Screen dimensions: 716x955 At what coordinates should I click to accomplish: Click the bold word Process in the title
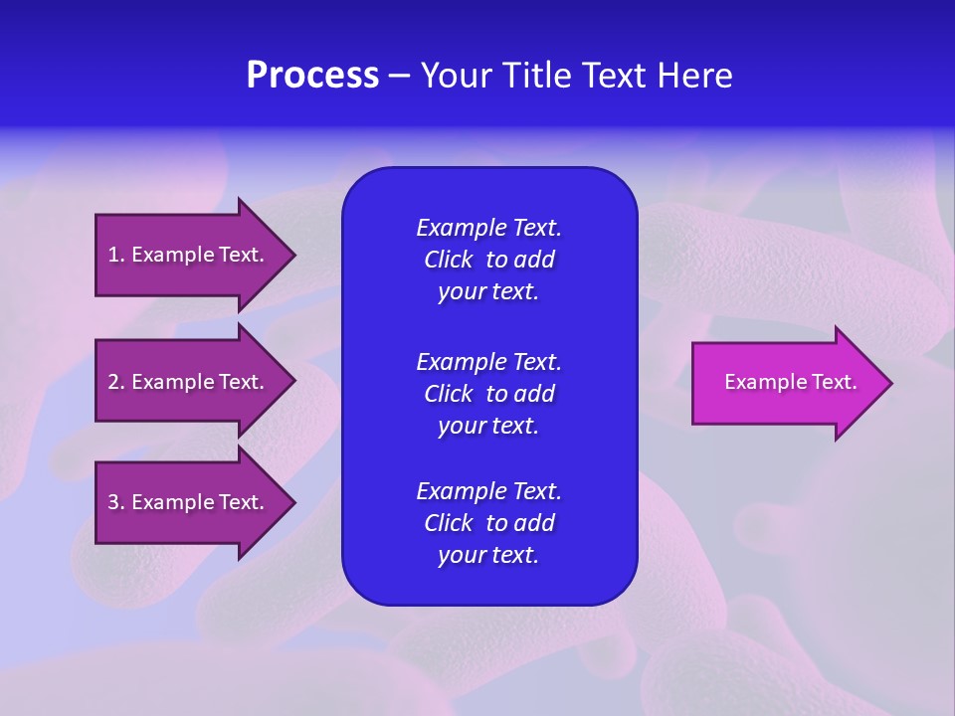[x=312, y=76]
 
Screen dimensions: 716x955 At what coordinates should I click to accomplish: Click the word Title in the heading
[x=534, y=76]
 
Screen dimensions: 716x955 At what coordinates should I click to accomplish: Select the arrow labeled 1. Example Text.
[x=189, y=256]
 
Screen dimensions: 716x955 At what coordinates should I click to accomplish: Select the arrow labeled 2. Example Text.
[x=189, y=382]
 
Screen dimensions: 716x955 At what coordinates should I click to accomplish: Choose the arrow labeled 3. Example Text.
[x=189, y=502]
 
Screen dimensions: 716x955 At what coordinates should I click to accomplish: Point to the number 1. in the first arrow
[x=116, y=256]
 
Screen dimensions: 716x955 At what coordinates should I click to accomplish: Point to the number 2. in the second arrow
[x=116, y=382]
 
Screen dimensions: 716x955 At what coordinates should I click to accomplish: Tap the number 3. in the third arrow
[x=116, y=502]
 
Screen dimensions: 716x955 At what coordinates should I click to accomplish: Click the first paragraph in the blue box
[x=488, y=260]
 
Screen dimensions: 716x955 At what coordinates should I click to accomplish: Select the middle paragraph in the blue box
[x=488, y=394]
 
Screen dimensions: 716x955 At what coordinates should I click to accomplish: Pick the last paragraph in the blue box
[x=488, y=523]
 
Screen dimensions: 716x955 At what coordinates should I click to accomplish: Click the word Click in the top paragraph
[x=449, y=261]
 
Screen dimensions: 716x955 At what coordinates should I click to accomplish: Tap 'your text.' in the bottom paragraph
[x=488, y=555]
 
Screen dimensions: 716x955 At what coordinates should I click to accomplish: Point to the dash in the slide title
[x=399, y=76]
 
